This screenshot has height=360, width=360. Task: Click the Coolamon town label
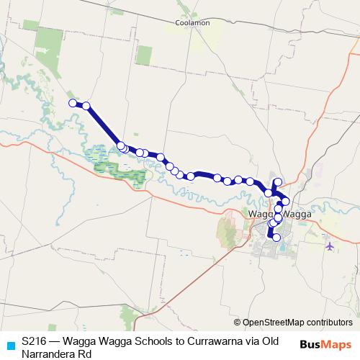tap(192, 23)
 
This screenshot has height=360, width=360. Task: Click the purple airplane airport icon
tap(330, 246)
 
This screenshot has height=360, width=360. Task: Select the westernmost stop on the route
tap(73, 104)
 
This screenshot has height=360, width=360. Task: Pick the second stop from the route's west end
tap(86, 106)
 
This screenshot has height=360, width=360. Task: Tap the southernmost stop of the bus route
tap(276, 237)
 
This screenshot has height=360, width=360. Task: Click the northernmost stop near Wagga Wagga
tap(278, 181)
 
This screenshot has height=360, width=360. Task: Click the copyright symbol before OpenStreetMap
tap(237, 323)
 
